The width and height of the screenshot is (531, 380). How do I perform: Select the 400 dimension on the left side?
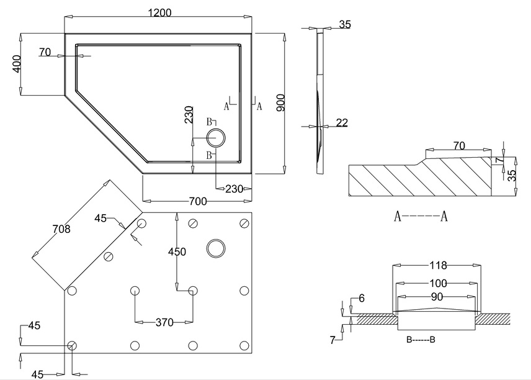pyautogui.click(x=17, y=63)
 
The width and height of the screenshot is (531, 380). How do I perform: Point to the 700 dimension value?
pyautogui.click(x=197, y=202)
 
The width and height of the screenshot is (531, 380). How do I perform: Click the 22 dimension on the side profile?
pyautogui.click(x=342, y=123)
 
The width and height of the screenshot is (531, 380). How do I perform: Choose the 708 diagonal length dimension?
pyautogui.click(x=61, y=229)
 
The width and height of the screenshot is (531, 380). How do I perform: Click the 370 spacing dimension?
pyautogui.click(x=164, y=322)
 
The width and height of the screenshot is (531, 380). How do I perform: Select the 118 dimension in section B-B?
pyautogui.click(x=439, y=266)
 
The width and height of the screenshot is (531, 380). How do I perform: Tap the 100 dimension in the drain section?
pyautogui.click(x=438, y=283)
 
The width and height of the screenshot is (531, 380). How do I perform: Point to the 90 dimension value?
pyautogui.click(x=438, y=296)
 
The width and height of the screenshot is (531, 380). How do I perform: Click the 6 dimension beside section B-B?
pyautogui.click(x=362, y=299)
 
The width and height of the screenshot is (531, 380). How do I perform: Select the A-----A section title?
pyautogui.click(x=421, y=217)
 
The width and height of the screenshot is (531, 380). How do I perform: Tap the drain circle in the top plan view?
pyautogui.click(x=216, y=138)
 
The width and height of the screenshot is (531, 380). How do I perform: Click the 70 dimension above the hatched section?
pyautogui.click(x=459, y=147)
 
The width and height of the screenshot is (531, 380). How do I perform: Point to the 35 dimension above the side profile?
pyautogui.click(x=346, y=25)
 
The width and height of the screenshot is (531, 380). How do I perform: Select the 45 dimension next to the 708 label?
pyautogui.click(x=101, y=218)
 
